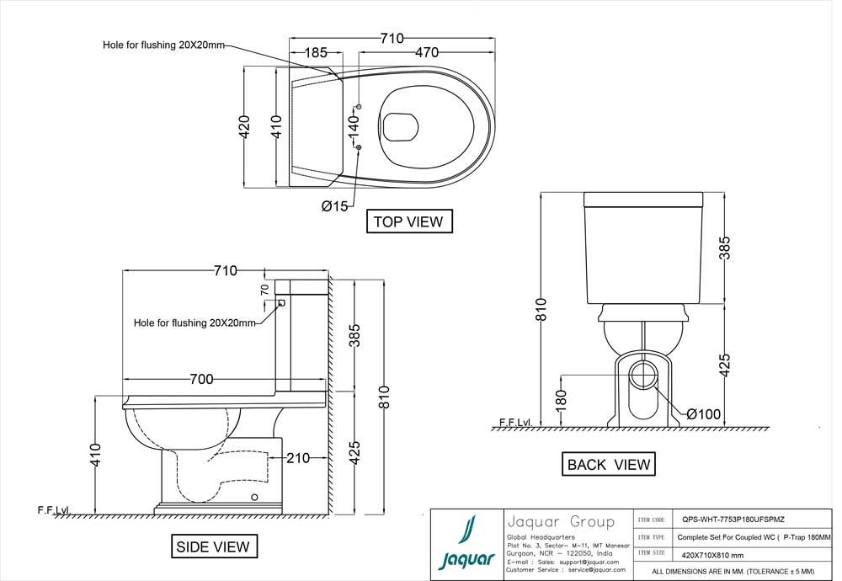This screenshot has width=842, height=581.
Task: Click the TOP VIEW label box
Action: click(409, 221)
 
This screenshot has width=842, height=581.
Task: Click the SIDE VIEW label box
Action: click(212, 546)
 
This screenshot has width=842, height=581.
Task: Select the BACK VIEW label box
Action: click(608, 464)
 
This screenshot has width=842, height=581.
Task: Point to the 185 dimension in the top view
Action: click(315, 52)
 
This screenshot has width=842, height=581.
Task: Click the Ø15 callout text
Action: click(334, 206)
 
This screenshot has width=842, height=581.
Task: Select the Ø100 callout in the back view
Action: click(704, 414)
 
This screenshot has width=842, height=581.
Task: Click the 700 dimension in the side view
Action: click(201, 379)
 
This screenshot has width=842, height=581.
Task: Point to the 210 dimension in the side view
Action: click(297, 458)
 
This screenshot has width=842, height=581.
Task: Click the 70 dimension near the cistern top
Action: click(264, 289)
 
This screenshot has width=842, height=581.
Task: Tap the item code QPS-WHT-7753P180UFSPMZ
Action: click(733, 520)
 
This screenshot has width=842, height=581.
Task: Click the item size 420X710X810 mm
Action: click(712, 555)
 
